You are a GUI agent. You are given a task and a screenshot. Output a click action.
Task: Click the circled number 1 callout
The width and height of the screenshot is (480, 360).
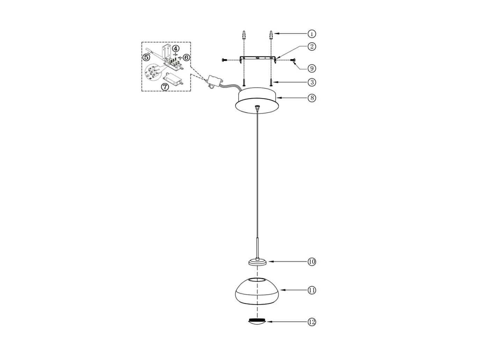[x=312, y=34]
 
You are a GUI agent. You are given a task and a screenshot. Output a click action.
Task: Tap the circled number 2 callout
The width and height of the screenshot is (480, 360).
[x=312, y=46]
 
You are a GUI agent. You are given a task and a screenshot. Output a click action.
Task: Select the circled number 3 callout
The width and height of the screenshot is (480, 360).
[x=312, y=82]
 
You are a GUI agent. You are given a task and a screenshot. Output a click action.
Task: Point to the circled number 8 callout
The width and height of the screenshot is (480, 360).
[x=312, y=98]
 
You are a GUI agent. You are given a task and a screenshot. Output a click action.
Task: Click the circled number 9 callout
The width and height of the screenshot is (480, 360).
[x=312, y=69]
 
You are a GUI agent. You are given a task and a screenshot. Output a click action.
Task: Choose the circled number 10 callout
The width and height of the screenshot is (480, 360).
[x=312, y=262]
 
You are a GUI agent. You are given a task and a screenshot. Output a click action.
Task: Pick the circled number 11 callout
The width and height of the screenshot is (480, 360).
[x=312, y=290]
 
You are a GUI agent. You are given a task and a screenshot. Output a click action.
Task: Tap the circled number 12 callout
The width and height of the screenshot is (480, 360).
[x=312, y=322]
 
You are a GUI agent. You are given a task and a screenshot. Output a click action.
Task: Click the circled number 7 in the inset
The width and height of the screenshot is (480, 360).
[x=165, y=86]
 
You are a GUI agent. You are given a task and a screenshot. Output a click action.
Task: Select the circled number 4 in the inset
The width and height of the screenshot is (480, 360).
[x=176, y=48]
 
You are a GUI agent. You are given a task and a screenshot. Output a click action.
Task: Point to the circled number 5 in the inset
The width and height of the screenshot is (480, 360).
[x=146, y=57]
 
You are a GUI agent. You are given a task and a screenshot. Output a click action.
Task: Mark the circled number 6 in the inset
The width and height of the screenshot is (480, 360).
[x=187, y=57]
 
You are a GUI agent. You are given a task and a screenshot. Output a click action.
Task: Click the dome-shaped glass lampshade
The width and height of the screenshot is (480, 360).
[x=257, y=292]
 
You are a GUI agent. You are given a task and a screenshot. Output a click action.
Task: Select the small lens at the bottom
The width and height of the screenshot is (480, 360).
[x=257, y=322]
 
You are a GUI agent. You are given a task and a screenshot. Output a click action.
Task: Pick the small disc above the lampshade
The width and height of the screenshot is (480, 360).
[x=257, y=262]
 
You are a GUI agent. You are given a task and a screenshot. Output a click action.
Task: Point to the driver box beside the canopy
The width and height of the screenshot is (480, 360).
[x=214, y=80]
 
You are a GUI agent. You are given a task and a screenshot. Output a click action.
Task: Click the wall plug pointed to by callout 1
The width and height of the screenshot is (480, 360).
[x=271, y=35]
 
